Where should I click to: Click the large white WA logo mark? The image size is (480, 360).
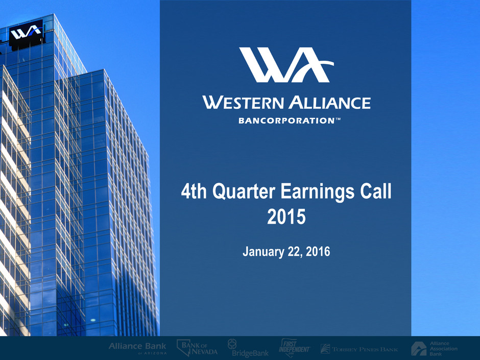tap(286, 64)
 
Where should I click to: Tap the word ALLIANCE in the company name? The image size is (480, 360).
tap(330, 103)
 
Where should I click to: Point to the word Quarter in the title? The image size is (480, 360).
tap(244, 191)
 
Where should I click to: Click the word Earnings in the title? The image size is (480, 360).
tap(317, 192)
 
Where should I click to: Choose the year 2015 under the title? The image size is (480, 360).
tap(286, 217)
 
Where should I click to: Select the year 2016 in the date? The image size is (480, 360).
tap(318, 251)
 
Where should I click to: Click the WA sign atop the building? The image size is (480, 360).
tap(26, 33)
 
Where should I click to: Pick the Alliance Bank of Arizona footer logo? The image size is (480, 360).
tap(137, 348)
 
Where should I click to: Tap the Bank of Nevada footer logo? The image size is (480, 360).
tap(197, 348)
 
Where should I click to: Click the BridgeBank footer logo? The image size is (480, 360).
tap(248, 348)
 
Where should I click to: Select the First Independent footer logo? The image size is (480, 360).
tap(294, 348)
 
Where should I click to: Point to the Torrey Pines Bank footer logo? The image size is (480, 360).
tap(359, 349)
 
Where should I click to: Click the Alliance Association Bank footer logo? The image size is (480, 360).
tap(434, 348)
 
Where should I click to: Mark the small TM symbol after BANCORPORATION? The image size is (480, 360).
tap(338, 119)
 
